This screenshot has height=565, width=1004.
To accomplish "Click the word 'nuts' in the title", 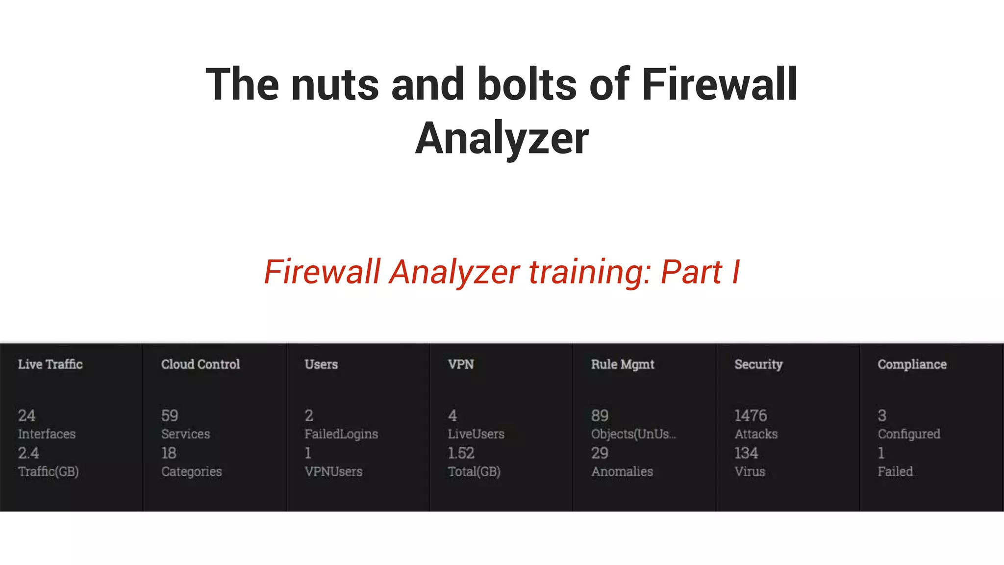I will [334, 85].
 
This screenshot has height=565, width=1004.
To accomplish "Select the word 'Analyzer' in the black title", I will [502, 139].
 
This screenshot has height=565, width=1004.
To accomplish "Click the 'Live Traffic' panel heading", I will [50, 364].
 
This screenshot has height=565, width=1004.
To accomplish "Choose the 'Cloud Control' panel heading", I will [201, 364].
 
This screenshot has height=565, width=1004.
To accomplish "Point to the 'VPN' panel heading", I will [461, 364].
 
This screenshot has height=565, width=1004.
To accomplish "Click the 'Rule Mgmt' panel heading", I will [623, 364].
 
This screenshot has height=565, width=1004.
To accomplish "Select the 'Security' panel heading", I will [758, 364].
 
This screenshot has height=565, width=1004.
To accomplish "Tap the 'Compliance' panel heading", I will [912, 364].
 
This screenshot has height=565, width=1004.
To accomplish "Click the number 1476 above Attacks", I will [750, 416].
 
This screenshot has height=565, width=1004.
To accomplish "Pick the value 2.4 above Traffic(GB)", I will [28, 453].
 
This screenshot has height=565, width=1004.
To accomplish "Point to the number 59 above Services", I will [170, 416].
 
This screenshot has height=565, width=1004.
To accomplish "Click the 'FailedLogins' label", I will [341, 434].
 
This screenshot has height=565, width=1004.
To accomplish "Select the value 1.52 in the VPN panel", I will [461, 453].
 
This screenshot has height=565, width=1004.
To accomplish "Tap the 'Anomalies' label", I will [622, 472].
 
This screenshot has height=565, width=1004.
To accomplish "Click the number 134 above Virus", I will [746, 453].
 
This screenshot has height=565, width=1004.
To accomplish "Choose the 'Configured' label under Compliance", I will [909, 434].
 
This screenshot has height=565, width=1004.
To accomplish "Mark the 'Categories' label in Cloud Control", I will [192, 472].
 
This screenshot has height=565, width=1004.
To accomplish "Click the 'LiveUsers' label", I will [476, 434].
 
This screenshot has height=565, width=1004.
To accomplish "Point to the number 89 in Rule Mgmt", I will [600, 416].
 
